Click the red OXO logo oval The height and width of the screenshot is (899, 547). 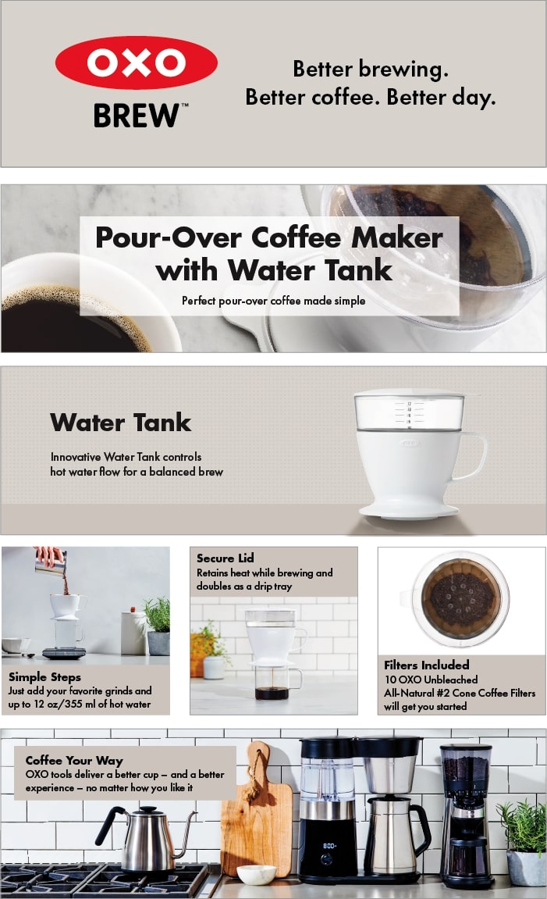click(x=137, y=62)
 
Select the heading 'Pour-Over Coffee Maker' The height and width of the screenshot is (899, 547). click(x=268, y=237)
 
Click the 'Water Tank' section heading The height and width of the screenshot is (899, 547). click(x=120, y=423)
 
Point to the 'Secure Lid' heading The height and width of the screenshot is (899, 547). click(x=226, y=558)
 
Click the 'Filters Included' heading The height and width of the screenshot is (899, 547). click(x=426, y=665)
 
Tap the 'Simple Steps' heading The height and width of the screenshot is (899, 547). click(x=44, y=676)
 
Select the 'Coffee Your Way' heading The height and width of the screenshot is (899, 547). click(x=74, y=760)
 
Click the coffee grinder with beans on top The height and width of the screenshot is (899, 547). click(x=465, y=812)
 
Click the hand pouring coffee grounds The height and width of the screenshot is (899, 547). click(x=48, y=555)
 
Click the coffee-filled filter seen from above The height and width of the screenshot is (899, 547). click(x=460, y=599)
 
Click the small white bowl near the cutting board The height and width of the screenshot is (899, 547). click(x=257, y=875)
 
